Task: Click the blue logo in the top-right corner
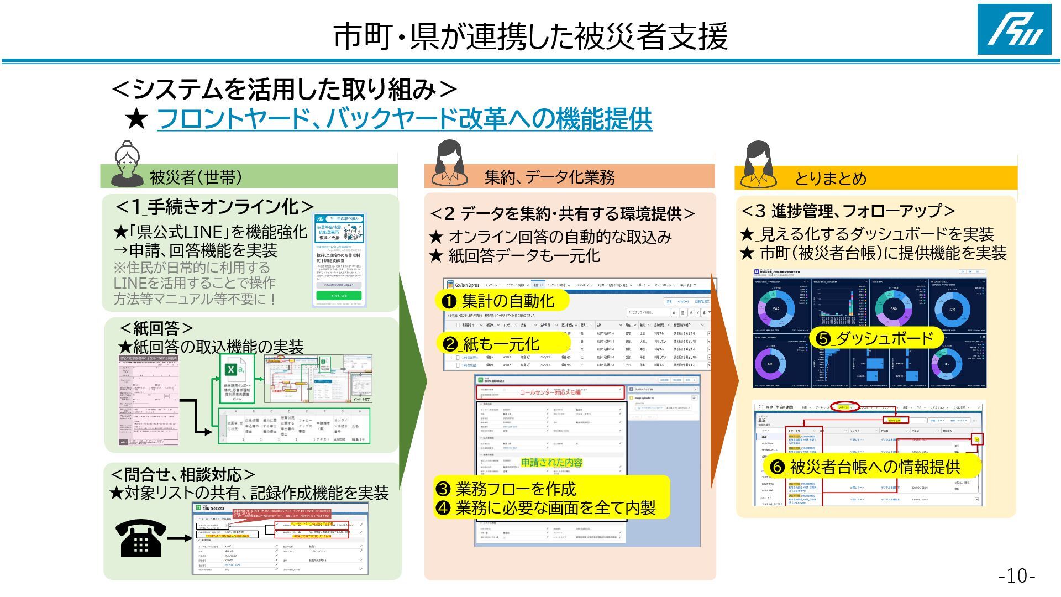(x=1014, y=29)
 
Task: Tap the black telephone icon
(x=140, y=538)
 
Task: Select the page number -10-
(x=1016, y=575)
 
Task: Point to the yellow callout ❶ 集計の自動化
(x=500, y=301)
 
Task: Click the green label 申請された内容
(x=551, y=462)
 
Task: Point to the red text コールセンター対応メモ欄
(x=550, y=392)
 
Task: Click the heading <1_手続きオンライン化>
(x=215, y=207)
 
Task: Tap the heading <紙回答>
(x=157, y=328)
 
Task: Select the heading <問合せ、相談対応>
(x=183, y=474)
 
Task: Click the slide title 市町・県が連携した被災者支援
(x=530, y=36)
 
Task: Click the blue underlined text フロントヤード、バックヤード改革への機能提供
(x=404, y=118)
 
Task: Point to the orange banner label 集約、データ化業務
(x=549, y=177)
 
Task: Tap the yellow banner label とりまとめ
(x=830, y=178)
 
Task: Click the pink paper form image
(x=149, y=400)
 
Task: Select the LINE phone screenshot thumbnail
(x=339, y=259)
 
